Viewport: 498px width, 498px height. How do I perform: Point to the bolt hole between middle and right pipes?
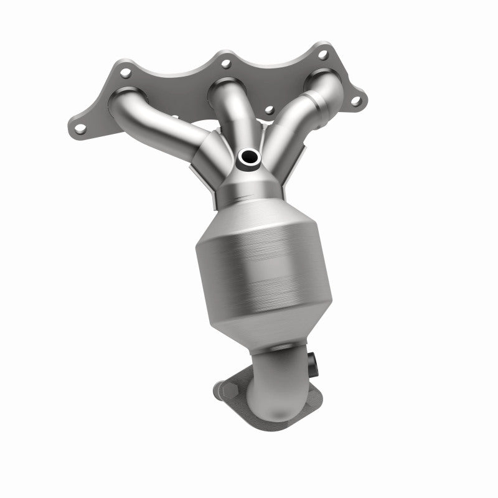(x=269, y=110)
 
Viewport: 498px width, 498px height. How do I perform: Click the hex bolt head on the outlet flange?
(x=226, y=390)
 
